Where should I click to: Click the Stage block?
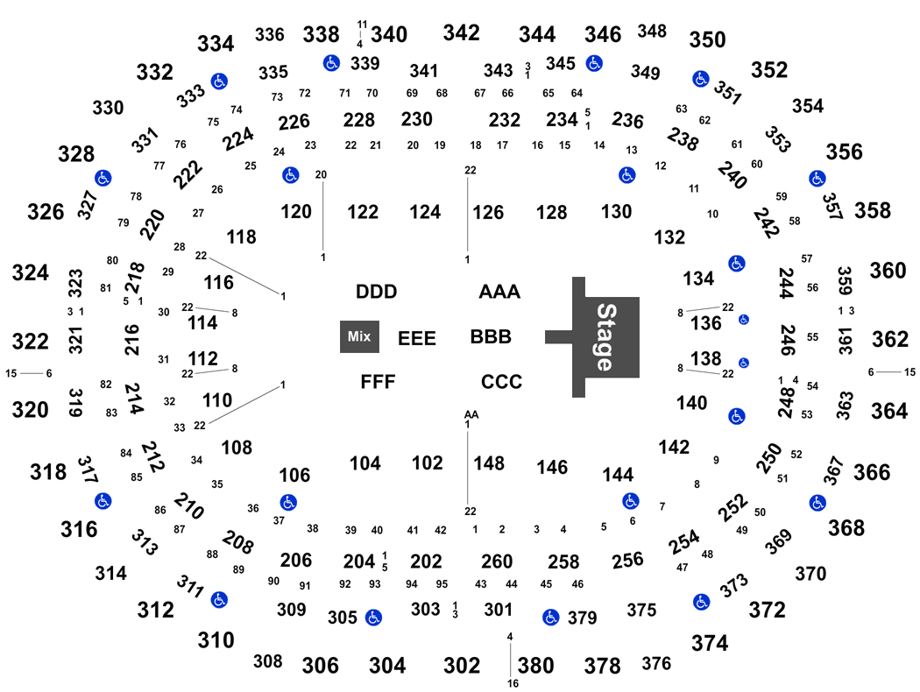click(605, 336)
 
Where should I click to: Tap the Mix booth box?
click(359, 336)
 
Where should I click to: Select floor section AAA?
click(499, 292)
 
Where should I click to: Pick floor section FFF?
click(378, 382)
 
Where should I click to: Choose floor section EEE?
click(416, 338)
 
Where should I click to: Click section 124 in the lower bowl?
click(425, 212)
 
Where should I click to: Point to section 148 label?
click(489, 463)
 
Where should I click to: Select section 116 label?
click(218, 283)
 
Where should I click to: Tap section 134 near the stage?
click(698, 278)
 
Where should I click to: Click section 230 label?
click(416, 119)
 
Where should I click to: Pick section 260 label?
click(497, 561)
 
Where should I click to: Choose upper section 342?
click(461, 32)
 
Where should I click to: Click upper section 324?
click(31, 272)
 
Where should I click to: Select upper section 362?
click(890, 339)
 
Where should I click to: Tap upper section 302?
click(462, 666)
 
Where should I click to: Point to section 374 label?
click(710, 643)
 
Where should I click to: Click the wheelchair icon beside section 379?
click(550, 617)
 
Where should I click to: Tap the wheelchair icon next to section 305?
click(373, 617)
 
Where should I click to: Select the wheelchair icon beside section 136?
click(743, 320)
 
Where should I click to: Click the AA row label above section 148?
click(471, 414)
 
